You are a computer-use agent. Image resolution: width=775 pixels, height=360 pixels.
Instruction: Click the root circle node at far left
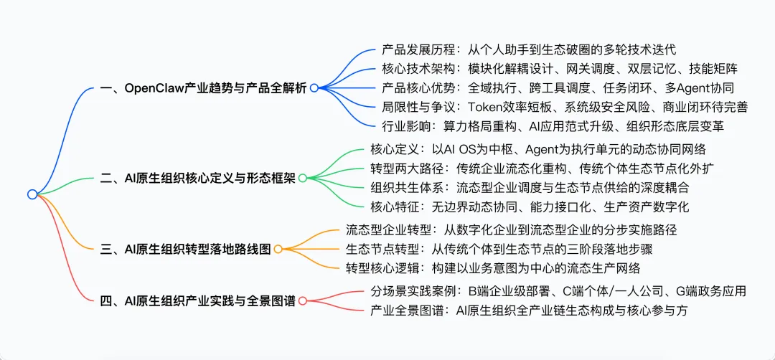tap(32, 194)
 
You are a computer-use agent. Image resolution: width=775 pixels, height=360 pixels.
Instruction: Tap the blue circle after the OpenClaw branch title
tap(314, 88)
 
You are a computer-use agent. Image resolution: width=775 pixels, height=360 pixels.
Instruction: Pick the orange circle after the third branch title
tap(278, 248)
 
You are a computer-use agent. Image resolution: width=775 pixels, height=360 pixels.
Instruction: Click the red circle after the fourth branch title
tap(301, 301)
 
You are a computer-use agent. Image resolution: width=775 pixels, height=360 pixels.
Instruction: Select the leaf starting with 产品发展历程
tap(529, 50)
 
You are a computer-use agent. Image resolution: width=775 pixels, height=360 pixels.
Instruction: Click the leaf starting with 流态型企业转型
tap(512, 230)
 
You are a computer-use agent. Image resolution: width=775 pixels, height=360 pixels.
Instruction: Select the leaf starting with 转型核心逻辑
tap(493, 267)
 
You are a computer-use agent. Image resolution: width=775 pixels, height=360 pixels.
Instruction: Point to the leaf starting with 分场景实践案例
tap(558, 291)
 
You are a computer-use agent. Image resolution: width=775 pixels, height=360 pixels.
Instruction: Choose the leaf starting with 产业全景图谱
tap(530, 311)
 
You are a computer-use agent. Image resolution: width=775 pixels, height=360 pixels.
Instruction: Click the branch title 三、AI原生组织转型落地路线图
tap(186, 248)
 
